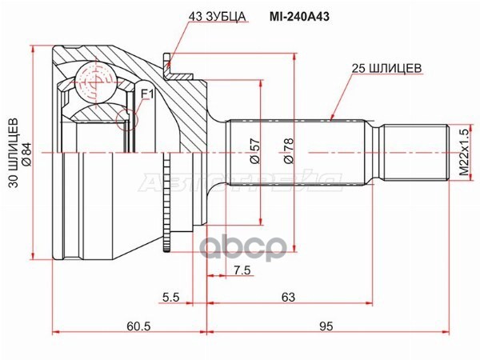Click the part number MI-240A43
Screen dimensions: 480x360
(299, 17)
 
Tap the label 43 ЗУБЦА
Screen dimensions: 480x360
(217, 17)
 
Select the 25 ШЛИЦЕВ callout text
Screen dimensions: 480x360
(386, 68)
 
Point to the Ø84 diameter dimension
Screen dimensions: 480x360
(27, 154)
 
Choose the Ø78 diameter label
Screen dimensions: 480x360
(288, 151)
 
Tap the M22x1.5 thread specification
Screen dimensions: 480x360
(465, 153)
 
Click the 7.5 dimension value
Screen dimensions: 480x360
(242, 270)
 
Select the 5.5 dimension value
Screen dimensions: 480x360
(171, 297)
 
